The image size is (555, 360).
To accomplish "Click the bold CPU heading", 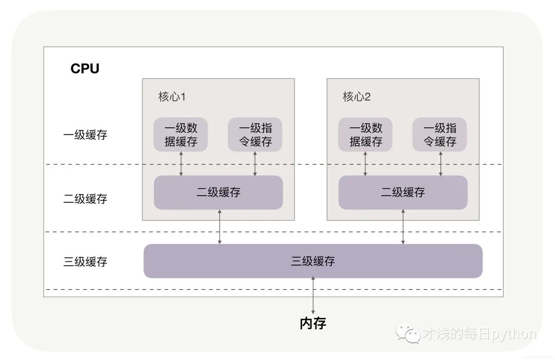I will pos(85,69).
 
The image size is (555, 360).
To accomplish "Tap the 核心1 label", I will pos(172,97).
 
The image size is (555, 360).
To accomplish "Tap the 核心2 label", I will pos(357,97).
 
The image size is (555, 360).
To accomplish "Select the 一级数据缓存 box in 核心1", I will pos(181,135).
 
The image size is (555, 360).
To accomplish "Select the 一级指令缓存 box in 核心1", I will pos(255,135).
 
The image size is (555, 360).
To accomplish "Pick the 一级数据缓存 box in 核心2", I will pos(365,135).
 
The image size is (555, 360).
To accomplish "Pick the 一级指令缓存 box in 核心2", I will pos(439,135).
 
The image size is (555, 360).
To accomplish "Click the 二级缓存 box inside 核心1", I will pos(218,193).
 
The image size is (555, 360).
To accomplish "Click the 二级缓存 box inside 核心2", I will pos(403,193).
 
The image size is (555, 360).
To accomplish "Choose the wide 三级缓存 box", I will pos(313,261).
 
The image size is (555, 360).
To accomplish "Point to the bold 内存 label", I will pos(313,323).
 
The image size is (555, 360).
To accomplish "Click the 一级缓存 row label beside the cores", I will pos(85,135).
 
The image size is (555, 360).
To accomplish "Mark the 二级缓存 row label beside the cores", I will pos(85,199).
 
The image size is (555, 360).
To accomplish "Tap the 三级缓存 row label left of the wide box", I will pos(85,261).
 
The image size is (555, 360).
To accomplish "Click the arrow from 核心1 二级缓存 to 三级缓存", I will pos(220,226).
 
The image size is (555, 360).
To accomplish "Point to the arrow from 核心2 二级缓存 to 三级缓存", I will pos(403,226).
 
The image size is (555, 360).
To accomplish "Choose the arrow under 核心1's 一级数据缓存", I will pos(181,163).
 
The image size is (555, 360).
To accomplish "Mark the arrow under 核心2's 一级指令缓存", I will pos(441,163).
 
